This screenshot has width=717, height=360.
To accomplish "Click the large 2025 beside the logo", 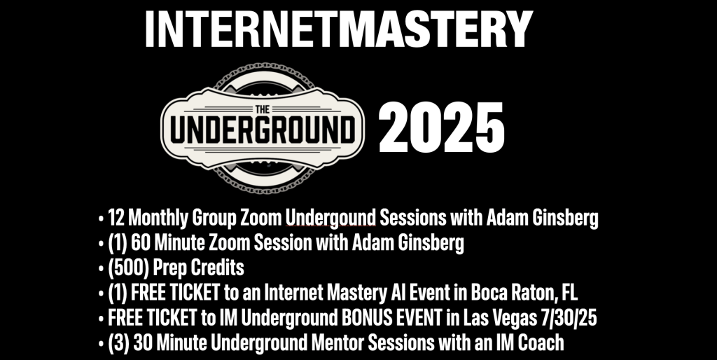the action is (441, 127).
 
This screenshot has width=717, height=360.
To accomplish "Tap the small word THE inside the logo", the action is (263, 109).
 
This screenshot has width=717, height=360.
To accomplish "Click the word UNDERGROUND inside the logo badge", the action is (263, 130).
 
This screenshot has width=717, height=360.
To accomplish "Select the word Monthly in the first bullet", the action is (158, 219).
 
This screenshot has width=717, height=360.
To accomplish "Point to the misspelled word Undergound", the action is (330, 218).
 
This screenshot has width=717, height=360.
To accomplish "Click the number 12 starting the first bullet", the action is (116, 218).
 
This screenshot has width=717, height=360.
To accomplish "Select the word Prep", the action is (169, 268).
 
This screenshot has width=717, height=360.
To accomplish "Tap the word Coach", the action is (542, 342).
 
